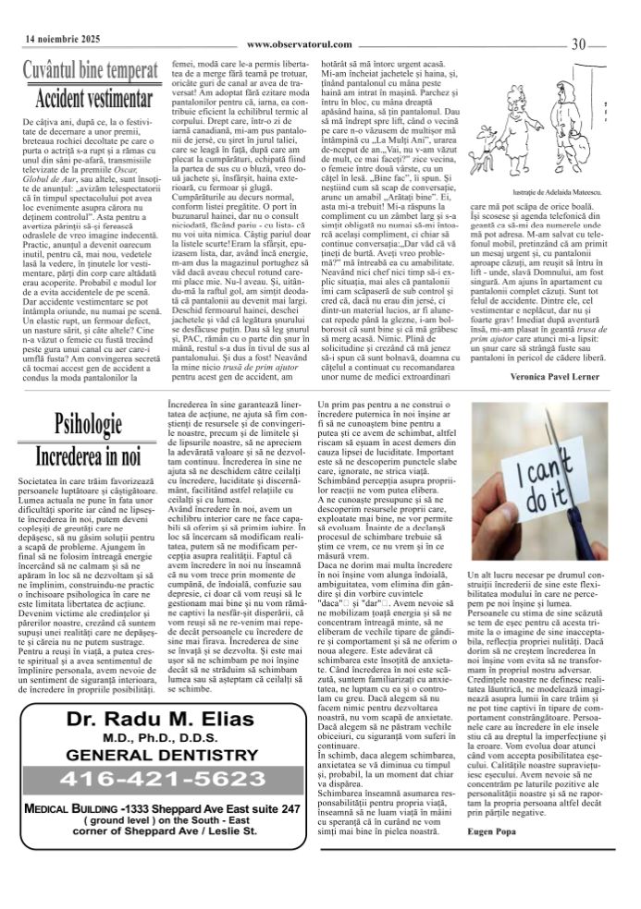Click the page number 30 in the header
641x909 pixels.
point(580,42)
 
